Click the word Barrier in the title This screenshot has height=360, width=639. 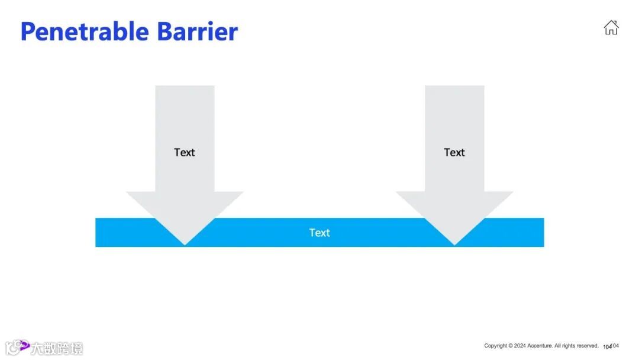(197, 31)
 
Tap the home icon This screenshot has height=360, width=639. (611, 27)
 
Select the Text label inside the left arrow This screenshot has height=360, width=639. (184, 152)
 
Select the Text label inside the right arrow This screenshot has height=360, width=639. (454, 152)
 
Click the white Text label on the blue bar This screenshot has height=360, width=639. (319, 233)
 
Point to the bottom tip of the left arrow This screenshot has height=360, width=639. (185, 244)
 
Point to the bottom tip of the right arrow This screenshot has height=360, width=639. (454, 244)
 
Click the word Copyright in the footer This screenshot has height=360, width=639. (495, 346)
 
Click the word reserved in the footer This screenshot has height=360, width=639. (586, 346)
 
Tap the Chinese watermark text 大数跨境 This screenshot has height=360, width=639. (57, 348)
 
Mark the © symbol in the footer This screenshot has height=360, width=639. (510, 346)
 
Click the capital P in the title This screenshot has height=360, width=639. (27, 31)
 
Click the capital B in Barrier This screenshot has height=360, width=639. (164, 31)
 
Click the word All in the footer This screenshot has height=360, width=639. (557, 346)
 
